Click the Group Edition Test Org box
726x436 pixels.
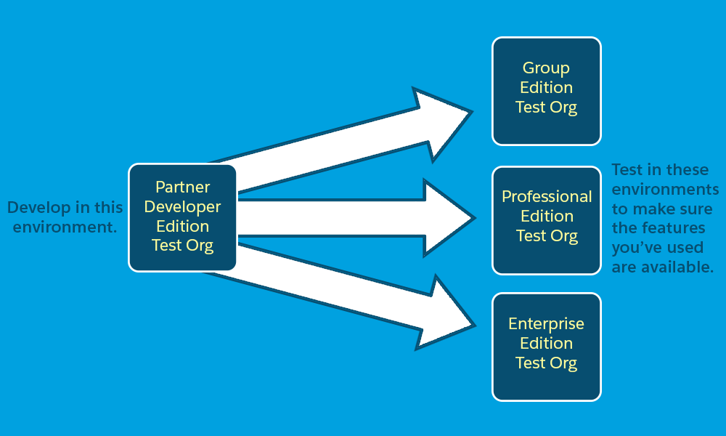pyautogui.click(x=547, y=92)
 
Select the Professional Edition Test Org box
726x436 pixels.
pyautogui.click(x=547, y=221)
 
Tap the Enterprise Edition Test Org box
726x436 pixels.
pyautogui.click(x=547, y=347)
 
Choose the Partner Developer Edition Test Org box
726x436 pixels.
pyautogui.click(x=182, y=217)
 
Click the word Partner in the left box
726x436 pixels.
pyautogui.click(x=182, y=187)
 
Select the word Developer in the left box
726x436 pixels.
pyautogui.click(x=182, y=207)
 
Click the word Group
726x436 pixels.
pyautogui.click(x=547, y=68)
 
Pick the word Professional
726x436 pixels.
pyautogui.click(x=547, y=196)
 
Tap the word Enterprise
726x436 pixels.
pyautogui.click(x=547, y=324)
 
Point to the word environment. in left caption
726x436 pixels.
pyautogui.click(x=65, y=227)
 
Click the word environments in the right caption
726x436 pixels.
pyautogui.click(x=665, y=189)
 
